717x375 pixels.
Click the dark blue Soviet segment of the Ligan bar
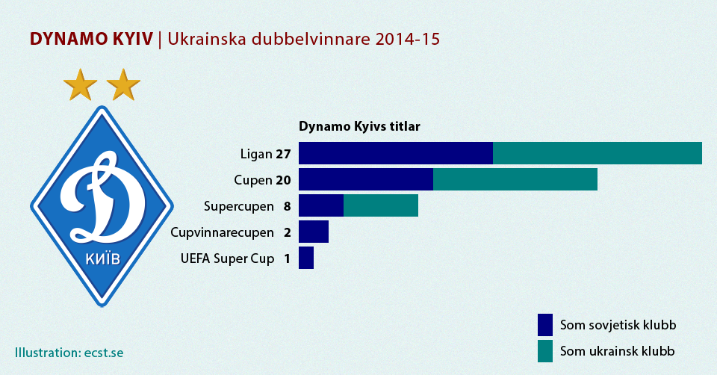(396, 153)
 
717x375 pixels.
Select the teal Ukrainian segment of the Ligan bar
(597, 153)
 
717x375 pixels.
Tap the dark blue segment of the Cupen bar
(366, 179)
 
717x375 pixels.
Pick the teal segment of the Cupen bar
(515, 179)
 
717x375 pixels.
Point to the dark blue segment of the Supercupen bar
(321, 205)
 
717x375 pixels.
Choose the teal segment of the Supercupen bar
(381, 205)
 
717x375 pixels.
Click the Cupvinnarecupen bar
(314, 232)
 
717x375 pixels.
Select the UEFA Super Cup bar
(306, 258)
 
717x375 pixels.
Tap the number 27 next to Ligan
(282, 155)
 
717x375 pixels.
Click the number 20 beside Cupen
(282, 180)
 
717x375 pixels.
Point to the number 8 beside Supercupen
(287, 206)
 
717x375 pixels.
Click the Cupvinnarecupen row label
(222, 232)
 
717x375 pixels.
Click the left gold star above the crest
(80, 85)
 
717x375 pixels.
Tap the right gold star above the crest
(123, 85)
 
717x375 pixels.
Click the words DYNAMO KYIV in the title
(91, 39)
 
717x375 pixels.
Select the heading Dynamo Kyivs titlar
(359, 126)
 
